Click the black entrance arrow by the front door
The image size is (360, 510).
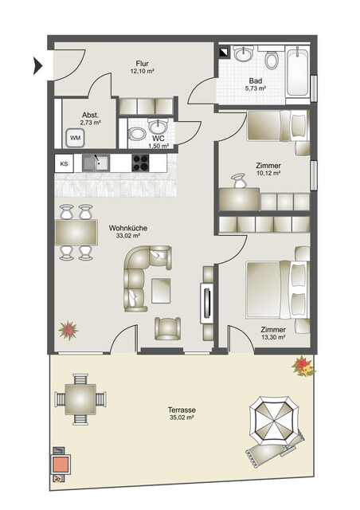point(37,66)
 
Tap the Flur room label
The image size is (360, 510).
point(142,66)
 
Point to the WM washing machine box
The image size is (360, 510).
point(75,138)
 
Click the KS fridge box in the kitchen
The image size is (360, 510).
point(64,163)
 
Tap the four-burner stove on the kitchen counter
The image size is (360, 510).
point(140,163)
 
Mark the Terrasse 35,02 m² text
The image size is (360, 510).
point(183,412)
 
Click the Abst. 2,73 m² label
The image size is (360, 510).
point(90,118)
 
